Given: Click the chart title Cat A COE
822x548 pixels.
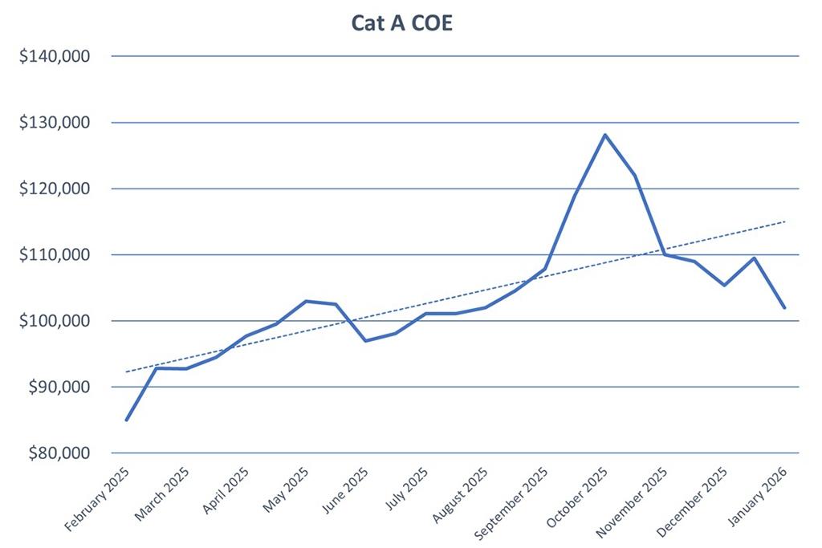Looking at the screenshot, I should [401, 22].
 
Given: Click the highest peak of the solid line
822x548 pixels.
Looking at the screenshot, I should [604, 135].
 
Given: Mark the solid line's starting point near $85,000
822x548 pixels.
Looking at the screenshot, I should [127, 420].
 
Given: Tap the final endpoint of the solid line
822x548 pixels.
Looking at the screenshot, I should [784, 307].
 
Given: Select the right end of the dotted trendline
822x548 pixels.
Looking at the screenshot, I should [784, 221].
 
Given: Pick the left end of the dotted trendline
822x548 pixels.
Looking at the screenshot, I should [127, 371].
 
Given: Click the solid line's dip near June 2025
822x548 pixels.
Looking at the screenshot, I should [365, 341].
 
